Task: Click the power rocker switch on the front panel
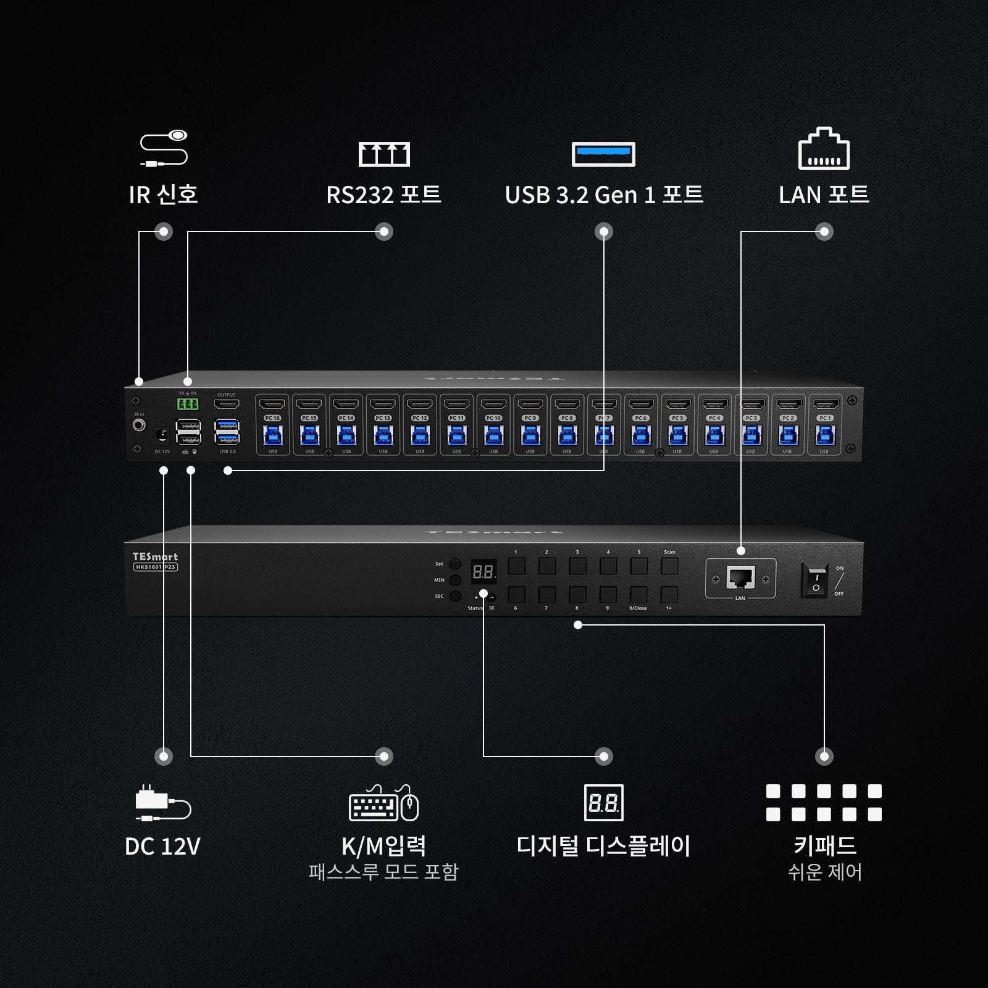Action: pyautogui.click(x=815, y=580)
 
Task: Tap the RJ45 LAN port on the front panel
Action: pyautogui.click(x=740, y=578)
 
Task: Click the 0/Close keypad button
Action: pyautogui.click(x=638, y=595)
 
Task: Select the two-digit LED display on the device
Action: pyautogui.click(x=483, y=572)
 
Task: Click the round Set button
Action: pyautogui.click(x=455, y=564)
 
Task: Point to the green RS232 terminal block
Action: pyautogui.click(x=188, y=404)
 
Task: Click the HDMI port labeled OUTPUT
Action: pyautogui.click(x=227, y=404)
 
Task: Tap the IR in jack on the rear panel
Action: pyautogui.click(x=140, y=425)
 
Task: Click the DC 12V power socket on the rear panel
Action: pyautogui.click(x=162, y=435)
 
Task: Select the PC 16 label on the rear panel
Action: pyautogui.click(x=272, y=418)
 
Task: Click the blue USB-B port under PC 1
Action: pyautogui.click(x=825, y=435)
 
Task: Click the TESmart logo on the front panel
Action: pyautogui.click(x=155, y=556)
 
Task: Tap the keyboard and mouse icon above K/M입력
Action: pyautogui.click(x=383, y=803)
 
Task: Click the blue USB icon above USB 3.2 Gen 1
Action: pyautogui.click(x=603, y=154)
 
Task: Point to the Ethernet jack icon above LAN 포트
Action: pyautogui.click(x=824, y=149)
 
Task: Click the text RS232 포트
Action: pyautogui.click(x=383, y=195)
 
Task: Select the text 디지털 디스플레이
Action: pyautogui.click(x=603, y=845)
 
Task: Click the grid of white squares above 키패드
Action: pyautogui.click(x=824, y=803)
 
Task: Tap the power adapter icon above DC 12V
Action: pyautogui.click(x=163, y=803)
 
